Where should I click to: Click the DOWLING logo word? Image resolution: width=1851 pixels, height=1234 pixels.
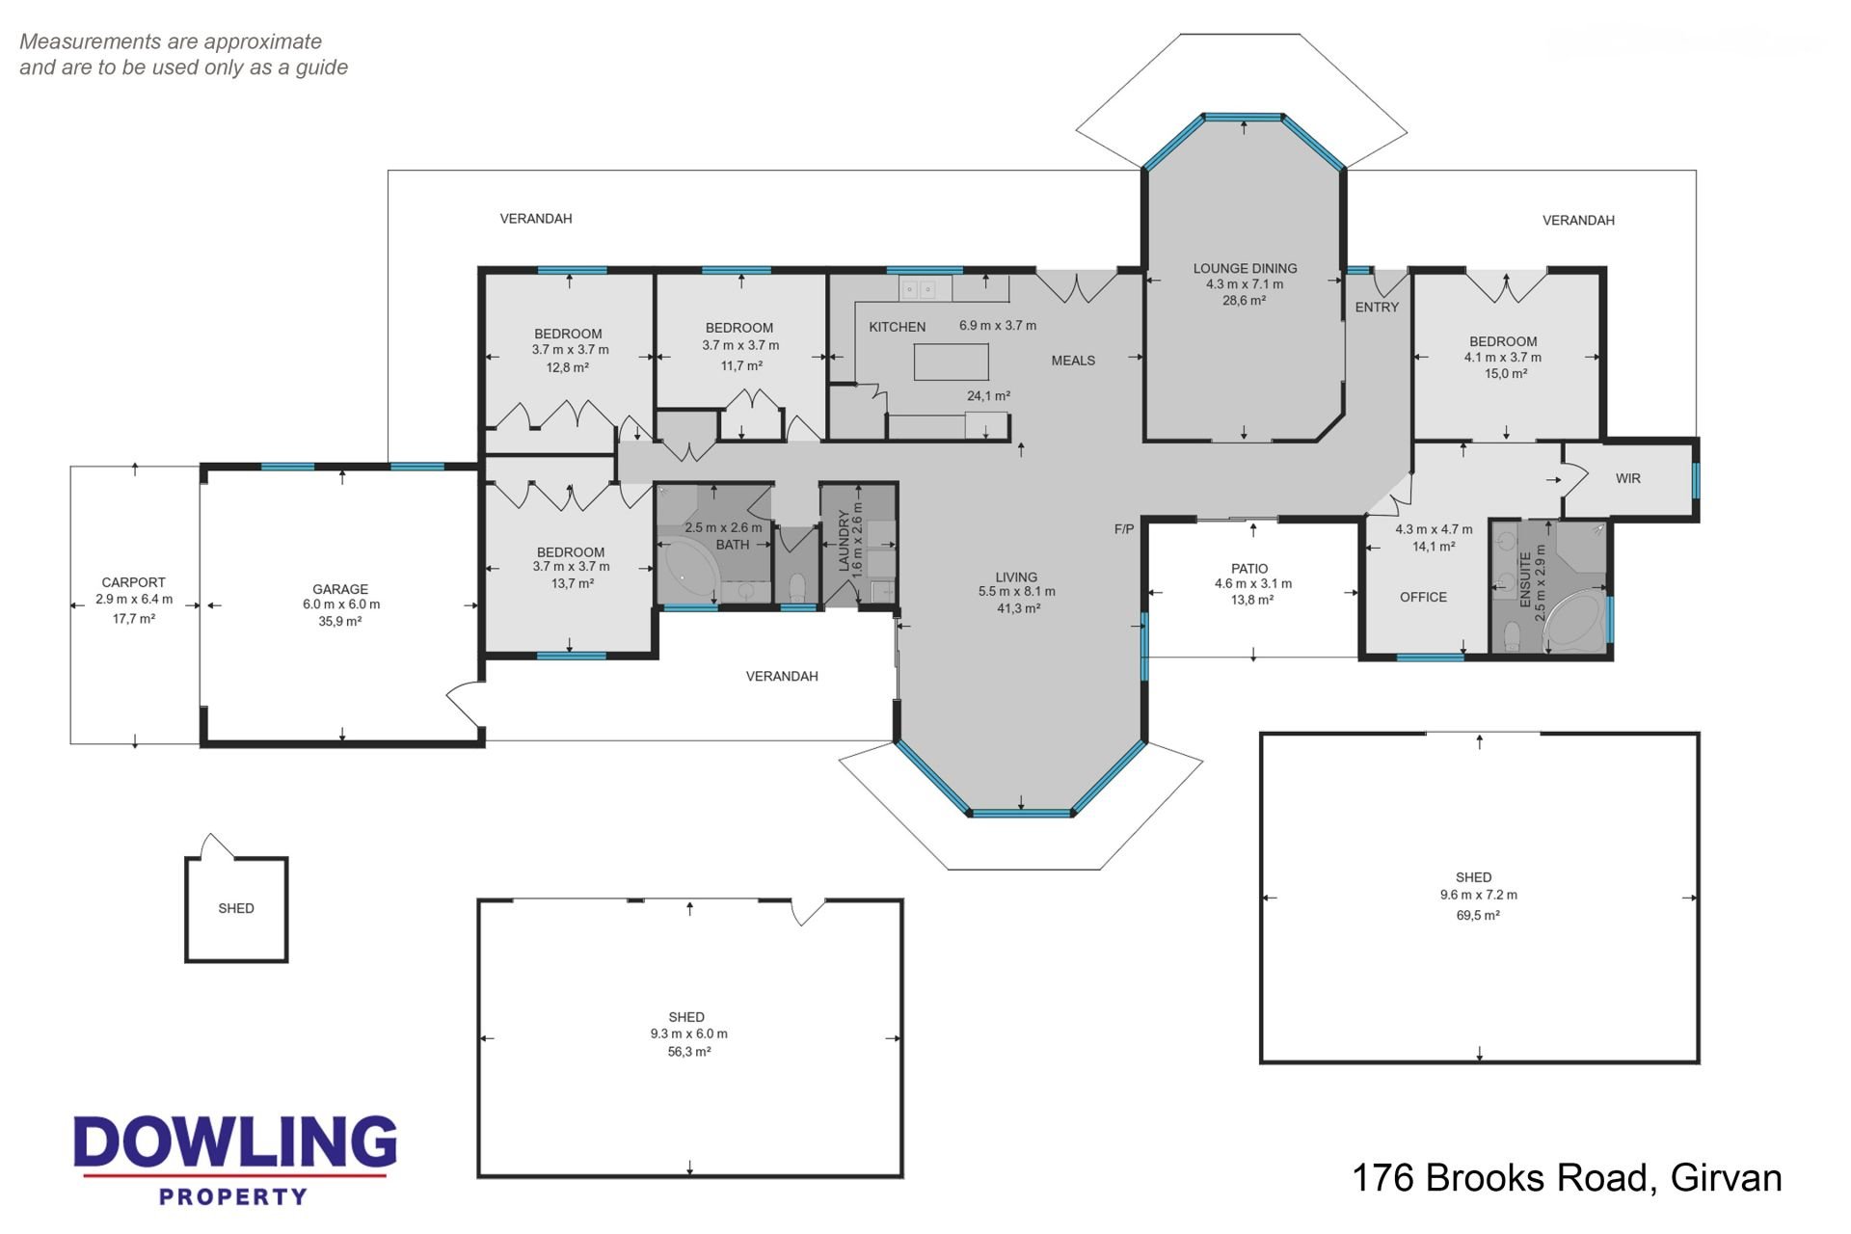tap(234, 1142)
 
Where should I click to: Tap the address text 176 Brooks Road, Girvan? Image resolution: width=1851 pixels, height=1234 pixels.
tap(1567, 1178)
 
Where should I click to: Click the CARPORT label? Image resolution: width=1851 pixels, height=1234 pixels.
tap(134, 582)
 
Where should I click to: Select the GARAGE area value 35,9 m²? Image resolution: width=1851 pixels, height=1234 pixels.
tap(340, 622)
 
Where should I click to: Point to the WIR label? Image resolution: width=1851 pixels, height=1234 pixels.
tap(1628, 478)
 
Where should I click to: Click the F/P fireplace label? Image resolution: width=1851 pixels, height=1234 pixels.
tap(1124, 529)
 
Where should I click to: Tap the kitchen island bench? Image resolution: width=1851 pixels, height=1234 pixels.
tap(952, 362)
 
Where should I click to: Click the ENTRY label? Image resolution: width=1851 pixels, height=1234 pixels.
tap(1377, 308)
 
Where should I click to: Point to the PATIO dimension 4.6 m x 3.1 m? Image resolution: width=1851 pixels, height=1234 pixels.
tap(1253, 583)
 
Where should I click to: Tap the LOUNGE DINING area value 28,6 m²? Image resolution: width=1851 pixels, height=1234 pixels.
tap(1245, 301)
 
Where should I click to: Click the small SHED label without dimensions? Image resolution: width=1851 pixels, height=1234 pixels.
tap(236, 908)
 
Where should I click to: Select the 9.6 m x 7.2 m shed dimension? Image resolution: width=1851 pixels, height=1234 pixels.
tap(1479, 895)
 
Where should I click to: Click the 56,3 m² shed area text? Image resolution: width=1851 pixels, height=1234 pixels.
tap(689, 1052)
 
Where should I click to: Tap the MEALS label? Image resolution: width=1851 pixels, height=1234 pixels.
tap(1073, 361)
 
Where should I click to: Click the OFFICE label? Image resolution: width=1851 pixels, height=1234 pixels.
tap(1423, 597)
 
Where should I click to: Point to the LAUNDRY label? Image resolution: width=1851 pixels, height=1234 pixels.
tap(844, 542)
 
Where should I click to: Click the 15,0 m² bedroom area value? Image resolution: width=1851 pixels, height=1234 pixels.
tap(1505, 374)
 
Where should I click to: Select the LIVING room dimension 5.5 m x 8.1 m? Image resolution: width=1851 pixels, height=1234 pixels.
tap(1017, 592)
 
